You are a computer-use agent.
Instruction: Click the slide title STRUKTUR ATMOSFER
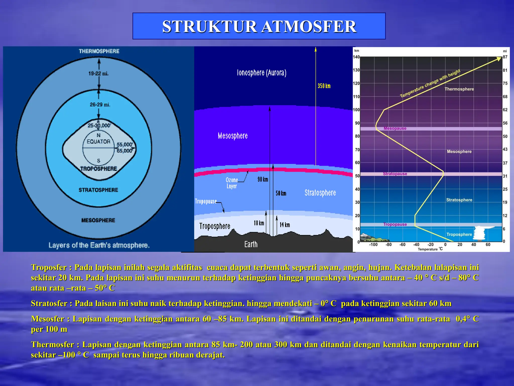pyautogui.click(x=259, y=26)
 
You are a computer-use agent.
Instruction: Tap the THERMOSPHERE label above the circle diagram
pyautogui.click(x=99, y=51)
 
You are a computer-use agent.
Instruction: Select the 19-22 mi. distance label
pyautogui.click(x=98, y=74)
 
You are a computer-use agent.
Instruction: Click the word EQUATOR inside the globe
pyautogui.click(x=98, y=142)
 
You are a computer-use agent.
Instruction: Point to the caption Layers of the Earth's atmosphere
pyautogui.click(x=99, y=245)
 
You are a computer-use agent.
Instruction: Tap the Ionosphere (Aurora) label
pyautogui.click(x=262, y=73)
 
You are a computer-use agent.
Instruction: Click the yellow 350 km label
pyautogui.click(x=324, y=86)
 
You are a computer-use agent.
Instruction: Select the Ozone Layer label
pyautogui.click(x=231, y=183)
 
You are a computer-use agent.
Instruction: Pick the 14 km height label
pyautogui.click(x=285, y=225)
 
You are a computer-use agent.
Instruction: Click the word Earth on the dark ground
pyautogui.click(x=251, y=244)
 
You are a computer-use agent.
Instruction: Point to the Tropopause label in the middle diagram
pyautogui.click(x=206, y=202)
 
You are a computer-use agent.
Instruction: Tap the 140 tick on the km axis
pyautogui.click(x=356, y=57)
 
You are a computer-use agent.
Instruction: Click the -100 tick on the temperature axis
pyautogui.click(x=373, y=245)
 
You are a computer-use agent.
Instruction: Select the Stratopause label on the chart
pyautogui.click(x=395, y=174)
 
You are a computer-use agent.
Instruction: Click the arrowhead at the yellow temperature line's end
pyautogui.click(x=499, y=59)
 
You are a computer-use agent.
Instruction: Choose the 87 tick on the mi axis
pyautogui.click(x=505, y=57)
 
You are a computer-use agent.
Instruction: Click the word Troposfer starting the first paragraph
pyautogui.click(x=49, y=267)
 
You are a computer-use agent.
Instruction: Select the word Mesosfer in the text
pyautogui.click(x=47, y=319)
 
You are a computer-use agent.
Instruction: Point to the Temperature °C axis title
pyautogui.click(x=430, y=249)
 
